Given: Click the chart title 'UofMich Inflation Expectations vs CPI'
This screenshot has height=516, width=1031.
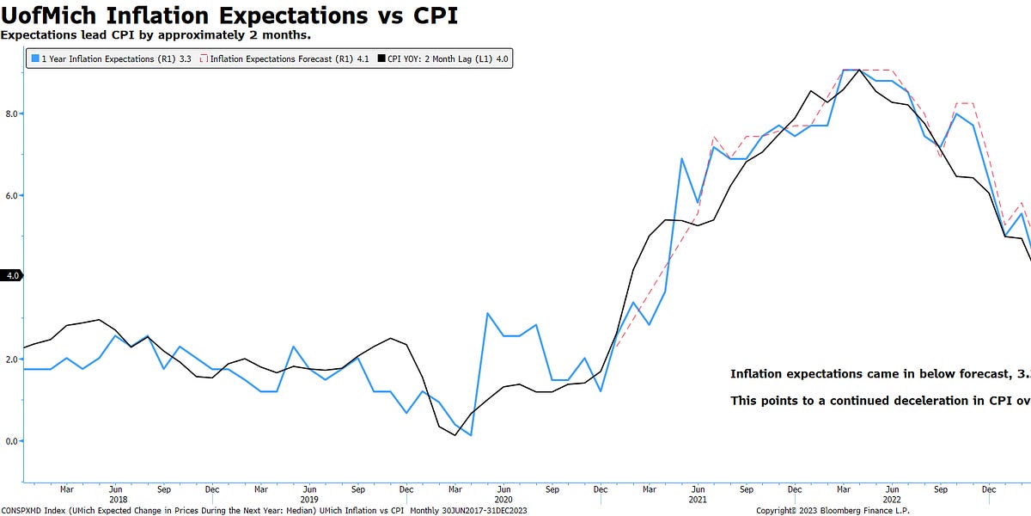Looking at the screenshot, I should tap(229, 15).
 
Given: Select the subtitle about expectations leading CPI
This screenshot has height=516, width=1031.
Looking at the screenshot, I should tap(156, 35).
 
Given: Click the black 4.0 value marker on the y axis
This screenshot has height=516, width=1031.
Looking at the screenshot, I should tap(11, 276).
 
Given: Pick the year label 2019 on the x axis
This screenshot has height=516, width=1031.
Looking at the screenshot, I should tap(309, 499).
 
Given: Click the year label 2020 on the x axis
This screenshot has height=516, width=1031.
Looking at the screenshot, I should tap(503, 499).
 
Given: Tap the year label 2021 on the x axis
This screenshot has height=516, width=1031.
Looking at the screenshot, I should tap(698, 499).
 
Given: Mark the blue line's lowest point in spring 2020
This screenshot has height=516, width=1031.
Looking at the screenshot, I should tap(472, 435).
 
